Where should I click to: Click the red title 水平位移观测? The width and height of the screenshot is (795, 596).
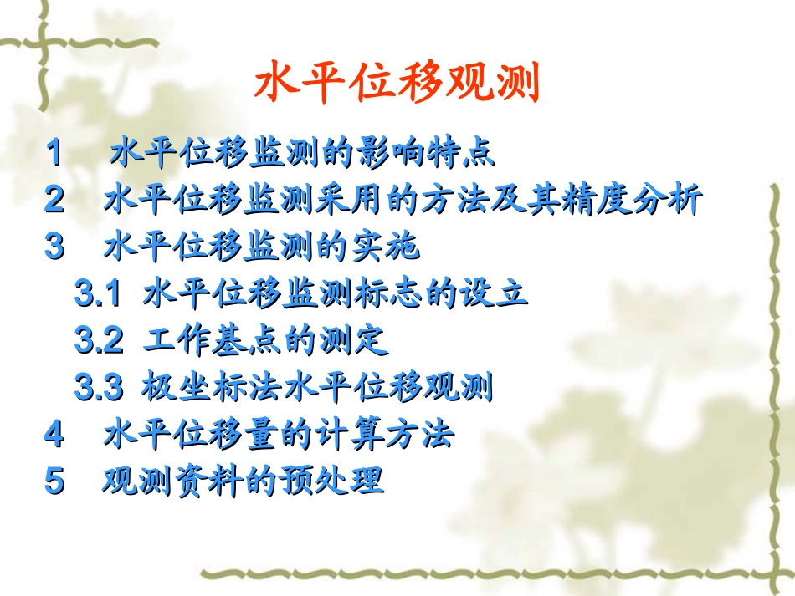coord(397,84)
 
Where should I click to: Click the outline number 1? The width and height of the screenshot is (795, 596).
coord(54,153)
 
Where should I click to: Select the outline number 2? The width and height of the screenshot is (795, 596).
coord(54,200)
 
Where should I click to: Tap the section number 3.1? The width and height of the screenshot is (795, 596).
coord(99,293)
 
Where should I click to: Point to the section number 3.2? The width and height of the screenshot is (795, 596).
coord(99,340)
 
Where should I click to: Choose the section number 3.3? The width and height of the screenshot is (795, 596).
coord(99,387)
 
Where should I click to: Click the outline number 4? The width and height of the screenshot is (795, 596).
coord(54,434)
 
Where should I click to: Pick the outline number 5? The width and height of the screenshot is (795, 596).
coord(54,481)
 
